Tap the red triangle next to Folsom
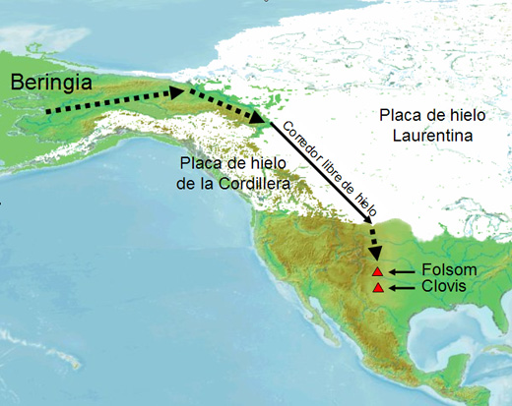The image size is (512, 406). (377, 270)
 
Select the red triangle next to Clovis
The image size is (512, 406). (377, 287)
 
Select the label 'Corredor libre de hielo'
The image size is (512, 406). (328, 166)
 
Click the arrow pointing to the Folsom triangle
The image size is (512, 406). (402, 270)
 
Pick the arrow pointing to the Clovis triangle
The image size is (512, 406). (402, 287)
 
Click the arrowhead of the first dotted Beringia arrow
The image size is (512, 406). (178, 92)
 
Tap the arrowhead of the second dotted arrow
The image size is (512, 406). (262, 121)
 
